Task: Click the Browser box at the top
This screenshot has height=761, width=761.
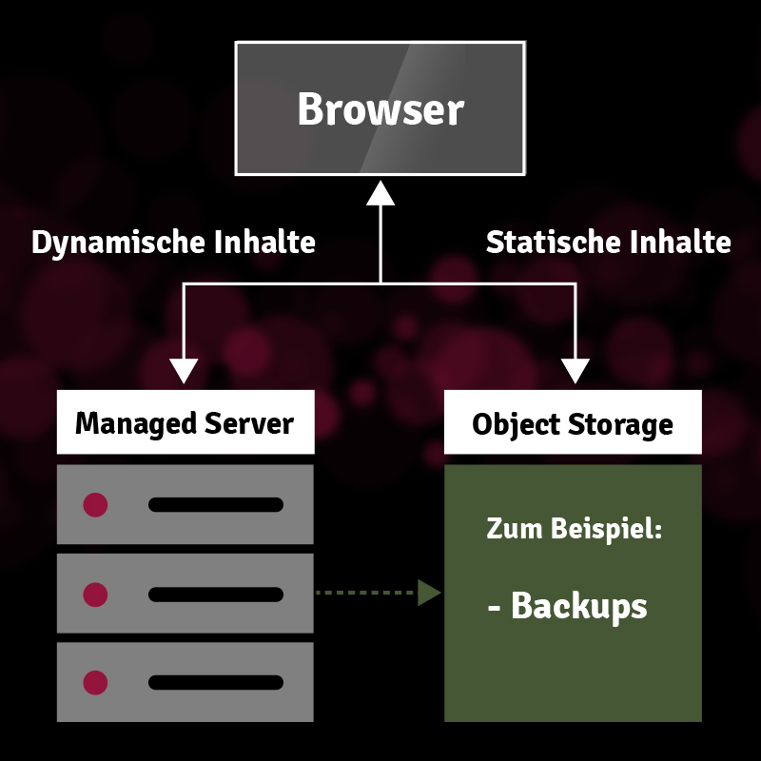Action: (380, 108)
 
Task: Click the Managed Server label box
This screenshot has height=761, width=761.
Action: (185, 422)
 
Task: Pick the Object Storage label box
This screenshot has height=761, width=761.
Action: (573, 423)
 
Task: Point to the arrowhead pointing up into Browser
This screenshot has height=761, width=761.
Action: (380, 193)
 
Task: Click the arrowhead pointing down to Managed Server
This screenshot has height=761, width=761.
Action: (184, 371)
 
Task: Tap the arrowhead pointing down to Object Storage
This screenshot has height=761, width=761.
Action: (576, 371)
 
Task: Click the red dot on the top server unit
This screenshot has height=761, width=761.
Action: (95, 505)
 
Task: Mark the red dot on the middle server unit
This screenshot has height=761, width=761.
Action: (95, 595)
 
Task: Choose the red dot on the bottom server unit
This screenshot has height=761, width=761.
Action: (95, 682)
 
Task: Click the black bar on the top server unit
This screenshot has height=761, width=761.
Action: (216, 505)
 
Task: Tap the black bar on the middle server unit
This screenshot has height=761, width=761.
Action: (216, 595)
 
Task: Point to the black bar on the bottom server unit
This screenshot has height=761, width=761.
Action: (216, 682)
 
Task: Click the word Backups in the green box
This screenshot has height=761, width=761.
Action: (578, 606)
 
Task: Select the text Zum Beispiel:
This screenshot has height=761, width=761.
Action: (574, 529)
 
